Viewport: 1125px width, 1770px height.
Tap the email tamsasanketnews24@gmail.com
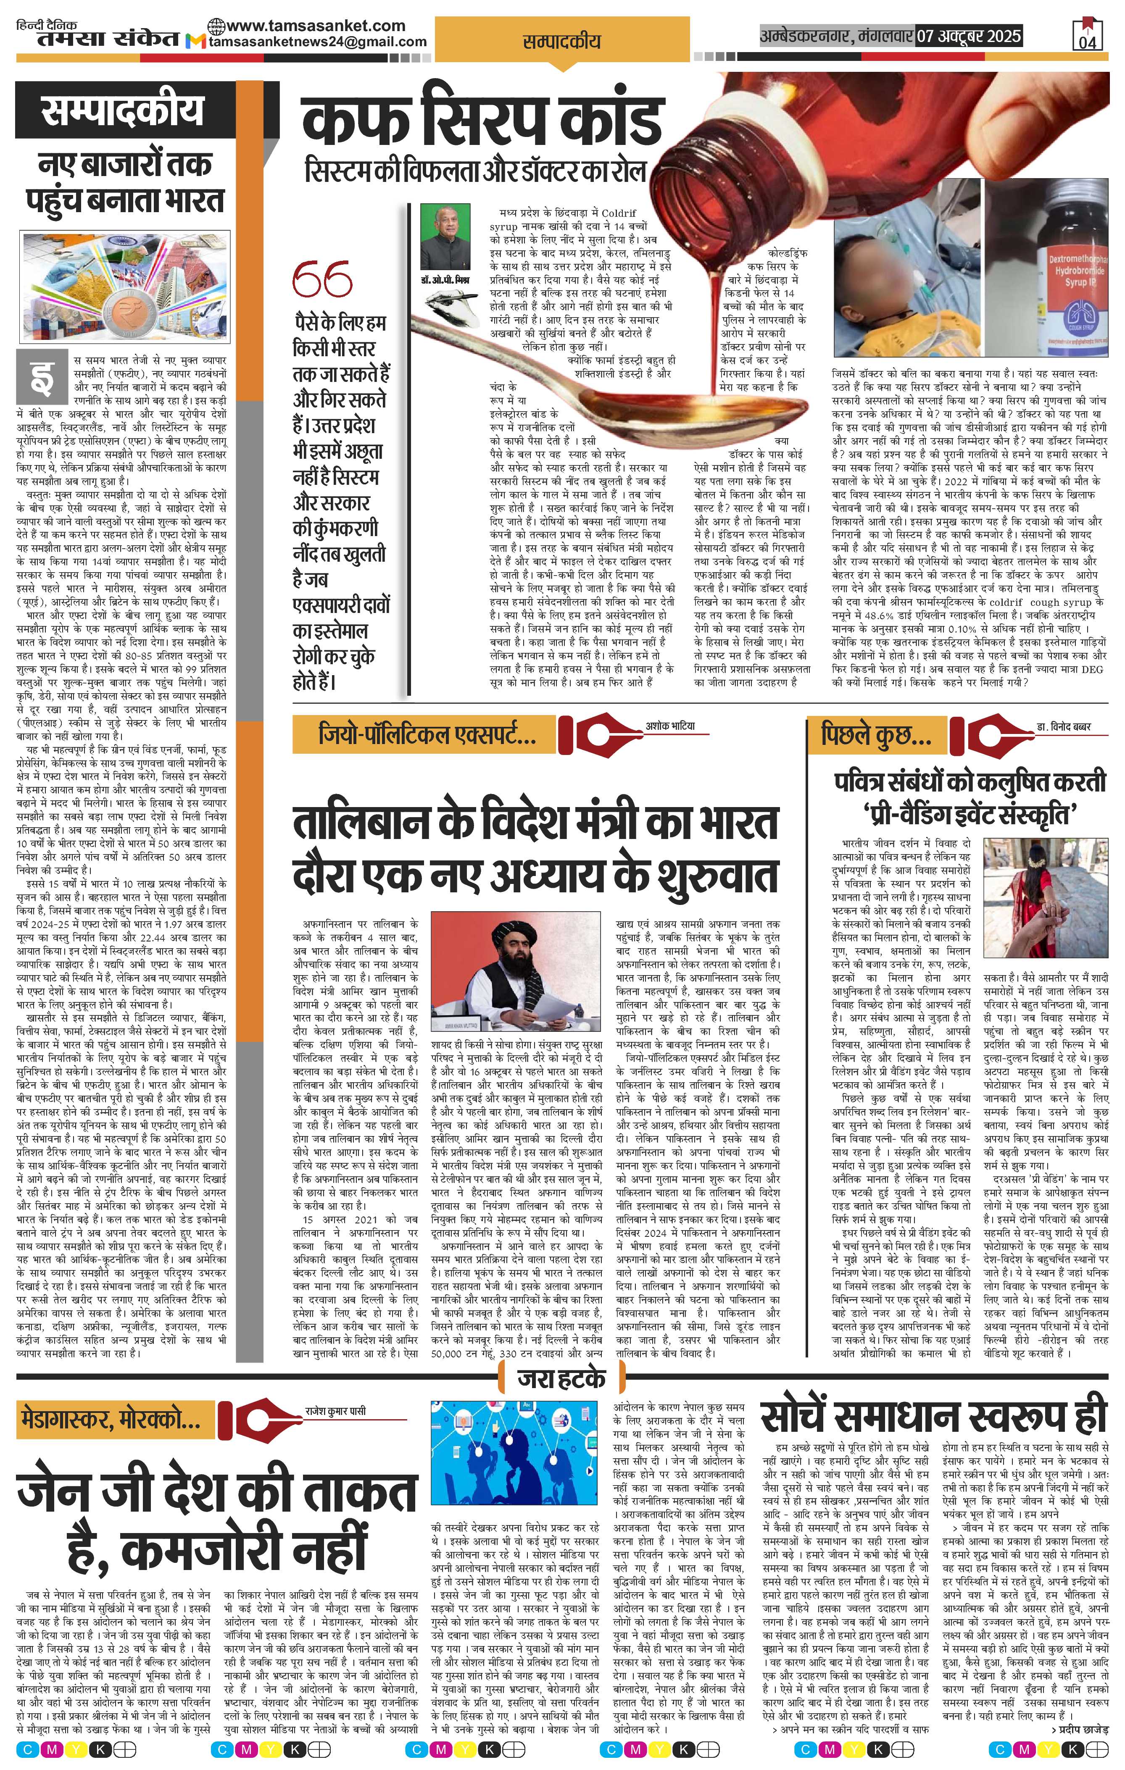(318, 42)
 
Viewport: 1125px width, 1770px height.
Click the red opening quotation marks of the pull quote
(321, 279)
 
